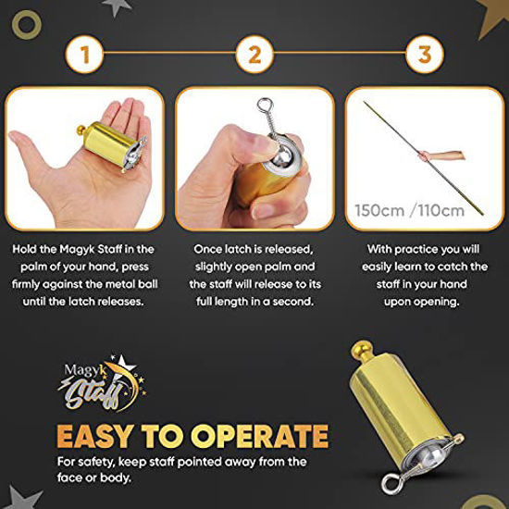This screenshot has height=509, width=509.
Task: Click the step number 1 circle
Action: point(84,55)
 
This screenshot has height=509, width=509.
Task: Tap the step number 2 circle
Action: point(254,55)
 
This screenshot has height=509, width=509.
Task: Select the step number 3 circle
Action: point(425,55)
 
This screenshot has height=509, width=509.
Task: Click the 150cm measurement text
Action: point(379,210)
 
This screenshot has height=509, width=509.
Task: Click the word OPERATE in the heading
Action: point(260,437)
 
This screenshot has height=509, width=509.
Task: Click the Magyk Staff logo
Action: point(102,384)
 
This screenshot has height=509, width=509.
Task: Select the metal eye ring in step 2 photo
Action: point(264,105)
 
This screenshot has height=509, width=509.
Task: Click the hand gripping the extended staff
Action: point(423,156)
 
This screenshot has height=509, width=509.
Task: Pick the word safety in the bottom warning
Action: point(93,462)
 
